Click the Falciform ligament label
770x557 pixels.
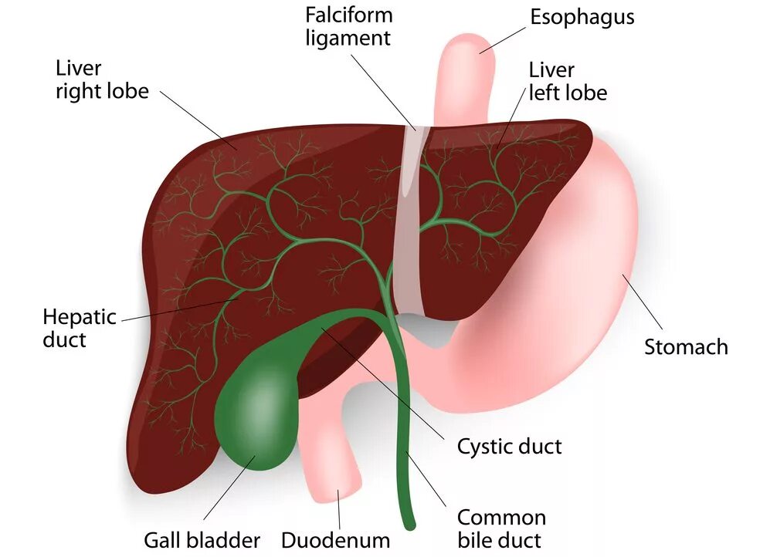[x=349, y=26]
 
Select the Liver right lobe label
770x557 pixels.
[x=101, y=79]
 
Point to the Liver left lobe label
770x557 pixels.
[x=568, y=81]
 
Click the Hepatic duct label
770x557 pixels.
[x=79, y=327]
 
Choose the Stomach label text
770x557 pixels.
[x=686, y=346]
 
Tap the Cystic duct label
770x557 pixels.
[x=509, y=446]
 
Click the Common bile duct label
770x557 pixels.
[x=500, y=528]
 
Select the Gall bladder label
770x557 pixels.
[x=202, y=540]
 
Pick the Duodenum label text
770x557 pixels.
[x=335, y=540]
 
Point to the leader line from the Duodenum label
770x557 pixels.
[x=338, y=510]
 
